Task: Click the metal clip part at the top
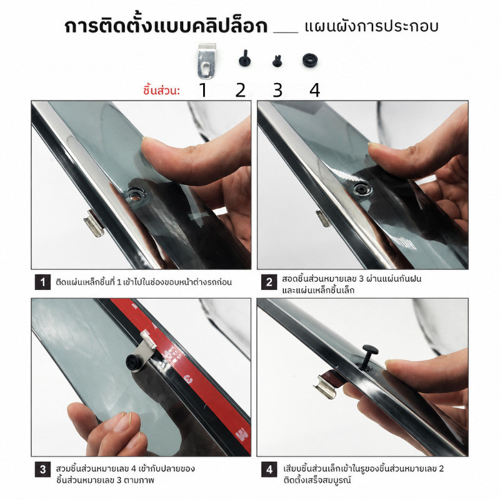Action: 206,61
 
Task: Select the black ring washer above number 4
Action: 310,60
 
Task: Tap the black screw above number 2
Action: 244,58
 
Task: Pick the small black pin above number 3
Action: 277,60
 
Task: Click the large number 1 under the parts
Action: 203,89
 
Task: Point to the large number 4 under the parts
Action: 315,89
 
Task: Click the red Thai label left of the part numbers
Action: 161,90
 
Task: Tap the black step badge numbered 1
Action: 42,282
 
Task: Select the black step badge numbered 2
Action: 269,282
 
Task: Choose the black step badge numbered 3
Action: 42,470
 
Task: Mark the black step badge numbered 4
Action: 269,470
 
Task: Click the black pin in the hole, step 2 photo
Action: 362,189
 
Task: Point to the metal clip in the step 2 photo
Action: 323,218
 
